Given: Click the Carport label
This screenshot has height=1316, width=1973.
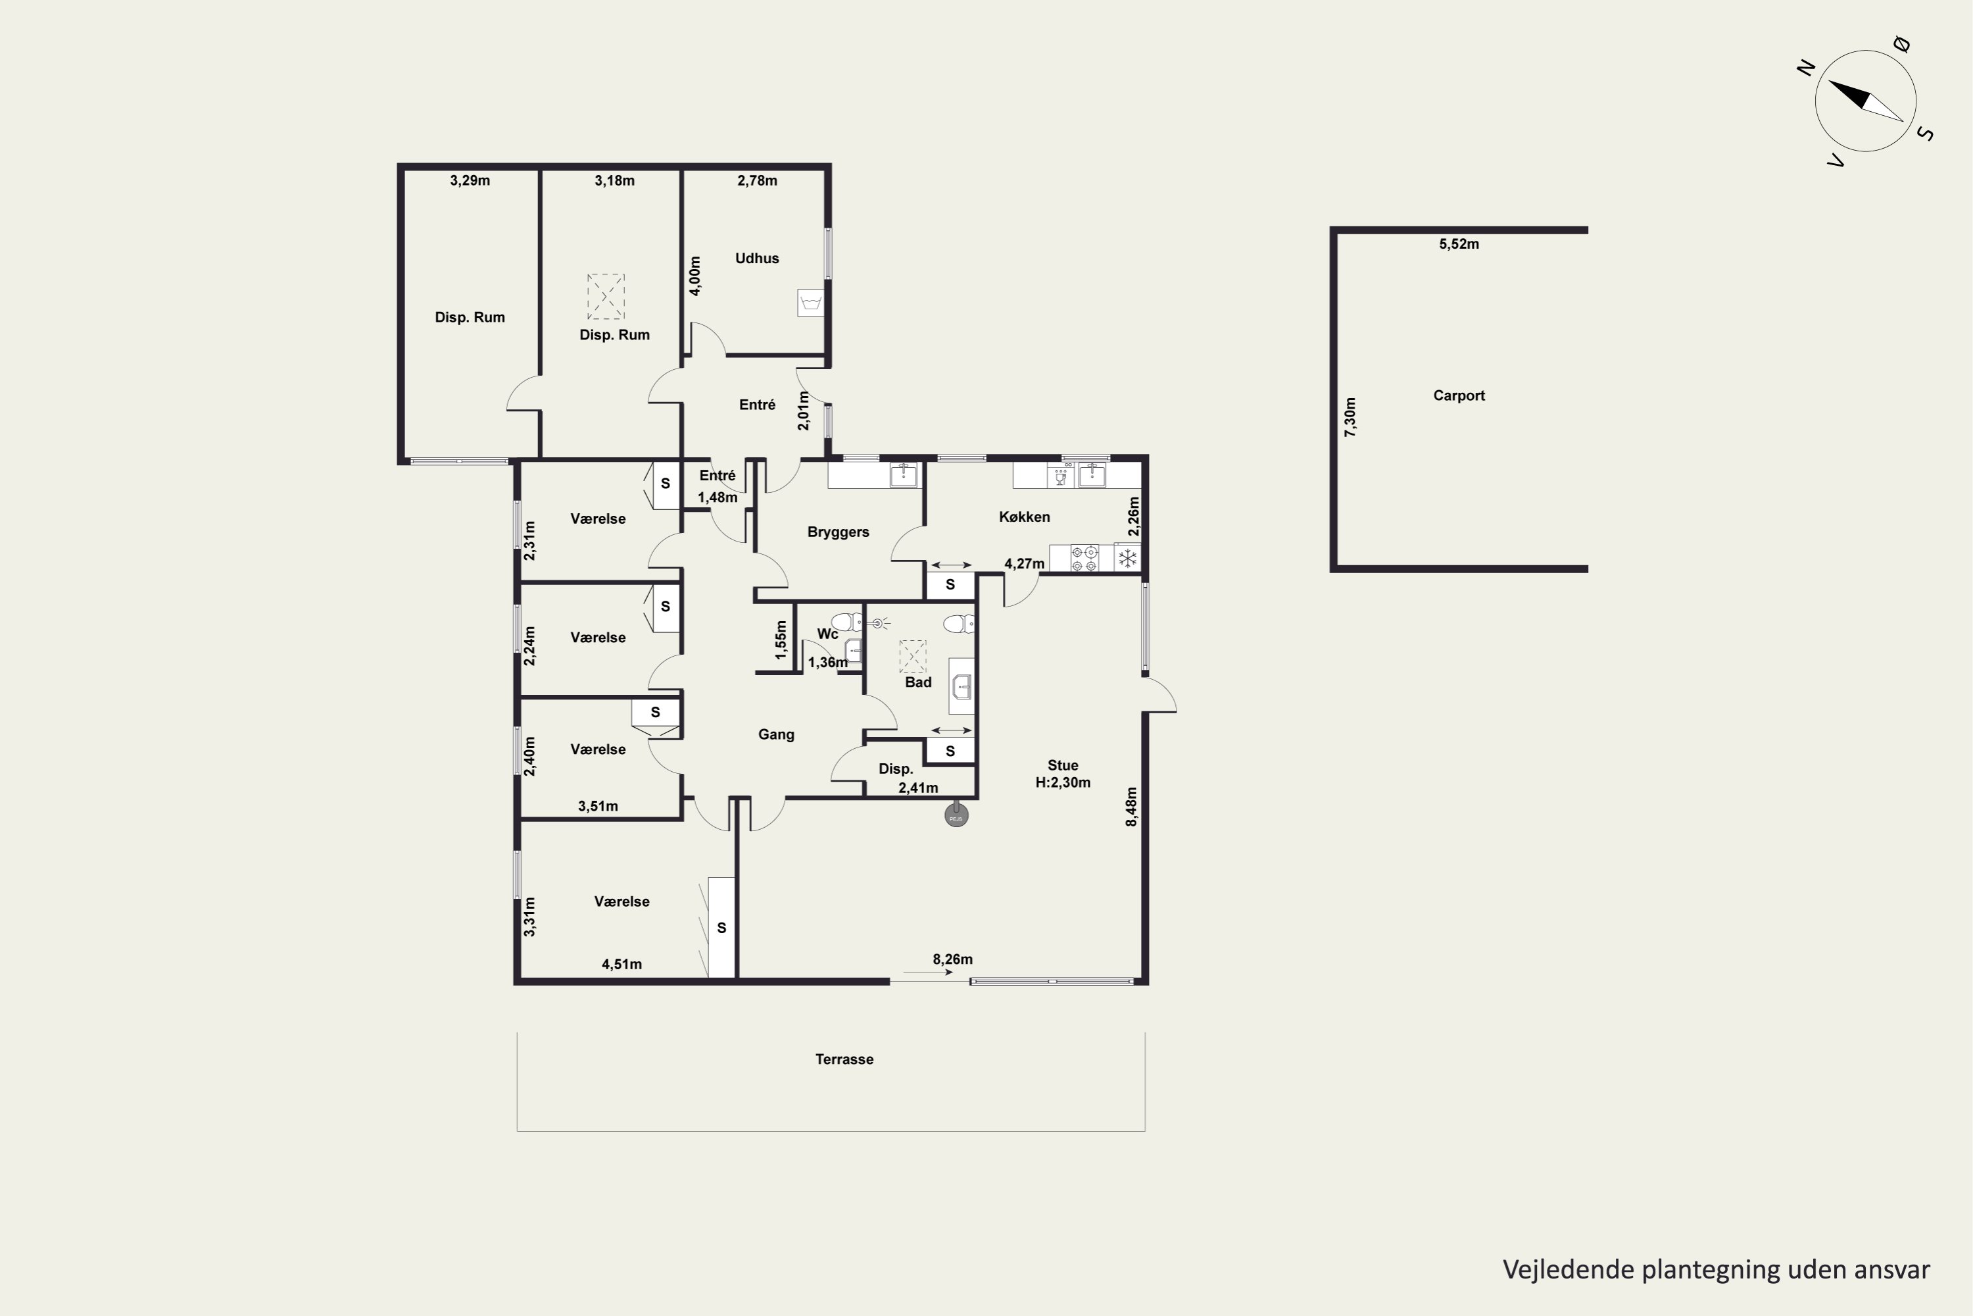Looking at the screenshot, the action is click(1459, 395).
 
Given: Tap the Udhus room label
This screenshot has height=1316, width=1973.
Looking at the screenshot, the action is click(757, 259).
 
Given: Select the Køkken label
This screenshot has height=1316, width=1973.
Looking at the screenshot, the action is click(1024, 517).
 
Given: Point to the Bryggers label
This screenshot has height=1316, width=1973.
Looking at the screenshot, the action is click(838, 532).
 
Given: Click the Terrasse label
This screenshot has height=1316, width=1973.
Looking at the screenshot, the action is click(844, 1059).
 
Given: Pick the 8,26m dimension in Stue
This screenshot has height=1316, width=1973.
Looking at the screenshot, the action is click(952, 959).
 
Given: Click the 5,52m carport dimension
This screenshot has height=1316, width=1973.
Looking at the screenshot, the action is click(1459, 244).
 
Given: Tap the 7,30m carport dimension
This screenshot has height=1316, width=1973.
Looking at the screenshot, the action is click(1350, 417).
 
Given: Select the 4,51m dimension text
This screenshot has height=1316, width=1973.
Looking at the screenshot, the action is click(621, 965).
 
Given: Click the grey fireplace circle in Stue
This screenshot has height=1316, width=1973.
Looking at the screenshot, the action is click(956, 815).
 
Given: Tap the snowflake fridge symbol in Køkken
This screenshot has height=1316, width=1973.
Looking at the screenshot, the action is click(1129, 557).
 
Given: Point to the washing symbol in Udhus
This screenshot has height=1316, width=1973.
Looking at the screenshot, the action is click(810, 303).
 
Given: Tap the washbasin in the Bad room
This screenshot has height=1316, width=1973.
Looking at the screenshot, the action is click(962, 686).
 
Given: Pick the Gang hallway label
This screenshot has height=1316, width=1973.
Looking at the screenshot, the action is click(776, 734).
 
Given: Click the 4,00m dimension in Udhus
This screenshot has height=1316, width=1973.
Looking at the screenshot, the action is click(695, 276).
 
